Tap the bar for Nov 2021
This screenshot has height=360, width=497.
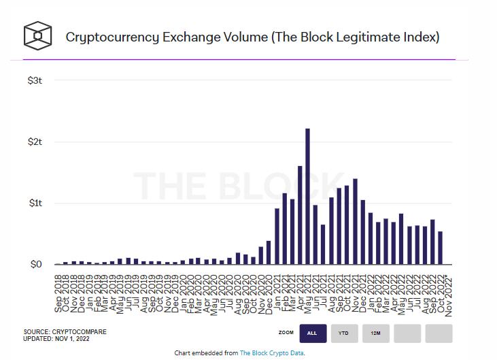pos(355,221)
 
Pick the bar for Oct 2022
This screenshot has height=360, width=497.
pos(440,248)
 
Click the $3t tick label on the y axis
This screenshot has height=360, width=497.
pos(35,80)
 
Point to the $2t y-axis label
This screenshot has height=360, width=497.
pos(35,142)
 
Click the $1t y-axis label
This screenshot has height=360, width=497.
pos(35,203)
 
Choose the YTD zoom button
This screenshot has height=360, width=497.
pos(344,333)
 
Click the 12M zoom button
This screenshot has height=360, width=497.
pos(375,333)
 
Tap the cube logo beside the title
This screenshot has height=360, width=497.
pos(37,35)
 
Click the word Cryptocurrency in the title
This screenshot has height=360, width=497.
pos(112,37)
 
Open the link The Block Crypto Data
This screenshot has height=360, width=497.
pos(272,353)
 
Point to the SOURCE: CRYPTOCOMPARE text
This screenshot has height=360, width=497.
pos(65,332)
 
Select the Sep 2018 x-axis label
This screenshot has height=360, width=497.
pos(58,289)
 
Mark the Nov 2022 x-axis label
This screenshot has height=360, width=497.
pos(448,289)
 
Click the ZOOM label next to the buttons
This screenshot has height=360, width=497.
pos(286,333)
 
